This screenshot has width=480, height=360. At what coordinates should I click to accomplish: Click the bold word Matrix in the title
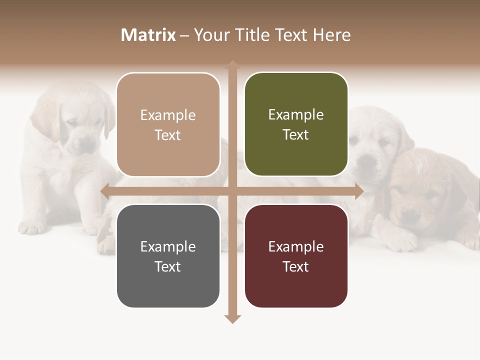148,35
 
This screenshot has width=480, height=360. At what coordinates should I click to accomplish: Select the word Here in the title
332,35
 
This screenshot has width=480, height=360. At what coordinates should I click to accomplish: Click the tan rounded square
168,124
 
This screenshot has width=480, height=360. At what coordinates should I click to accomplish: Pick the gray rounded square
168,256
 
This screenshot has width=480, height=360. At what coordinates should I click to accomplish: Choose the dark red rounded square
296,256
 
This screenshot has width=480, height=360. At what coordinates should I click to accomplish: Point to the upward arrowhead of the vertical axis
232,64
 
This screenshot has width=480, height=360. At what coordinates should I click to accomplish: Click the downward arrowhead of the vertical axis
232,318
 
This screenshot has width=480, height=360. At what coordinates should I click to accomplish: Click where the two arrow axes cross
232,191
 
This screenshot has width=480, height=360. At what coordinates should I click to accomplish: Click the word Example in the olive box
296,114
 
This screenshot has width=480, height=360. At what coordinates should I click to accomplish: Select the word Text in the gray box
168,266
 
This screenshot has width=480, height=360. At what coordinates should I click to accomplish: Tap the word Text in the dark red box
296,266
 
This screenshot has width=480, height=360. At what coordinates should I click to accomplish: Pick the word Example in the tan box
168,115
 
